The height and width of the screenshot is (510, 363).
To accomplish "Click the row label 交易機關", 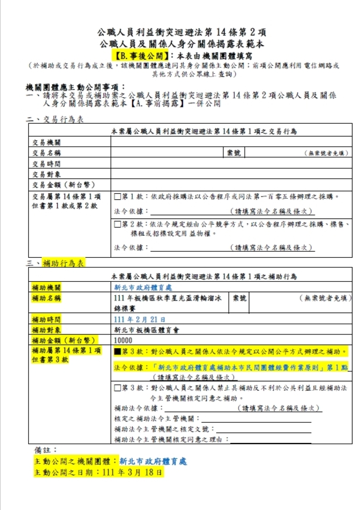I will pyautogui.click(x=46, y=142).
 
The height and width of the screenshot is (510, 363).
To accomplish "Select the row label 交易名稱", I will pyautogui.click(x=46, y=153).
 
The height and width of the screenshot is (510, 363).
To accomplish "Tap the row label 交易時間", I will pyautogui.click(x=46, y=164).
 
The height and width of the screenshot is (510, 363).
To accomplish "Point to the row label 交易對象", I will pyautogui.click(x=46, y=174).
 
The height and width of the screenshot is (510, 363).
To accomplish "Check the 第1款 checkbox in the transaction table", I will pyautogui.click(x=117, y=197).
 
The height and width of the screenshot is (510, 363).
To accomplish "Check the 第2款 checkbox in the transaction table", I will pyautogui.click(x=117, y=224).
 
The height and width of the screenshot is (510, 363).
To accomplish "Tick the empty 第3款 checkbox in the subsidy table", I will pyautogui.click(x=117, y=388).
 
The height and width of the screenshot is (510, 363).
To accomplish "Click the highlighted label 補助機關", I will pyautogui.click(x=46, y=288).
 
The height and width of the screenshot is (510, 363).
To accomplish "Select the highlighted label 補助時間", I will pyautogui.click(x=46, y=319).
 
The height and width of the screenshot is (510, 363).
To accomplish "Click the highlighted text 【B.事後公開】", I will pyautogui.click(x=140, y=56).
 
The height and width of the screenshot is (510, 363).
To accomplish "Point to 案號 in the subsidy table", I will pyautogui.click(x=239, y=298).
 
